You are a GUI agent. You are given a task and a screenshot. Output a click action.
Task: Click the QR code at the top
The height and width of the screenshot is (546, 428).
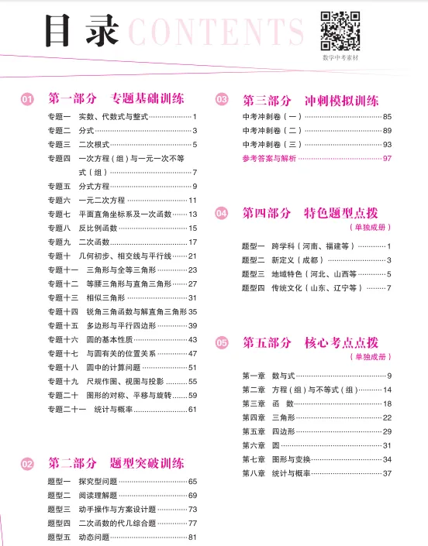(x=340, y=30)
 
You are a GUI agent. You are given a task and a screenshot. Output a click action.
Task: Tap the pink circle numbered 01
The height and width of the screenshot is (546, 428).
(x=27, y=99)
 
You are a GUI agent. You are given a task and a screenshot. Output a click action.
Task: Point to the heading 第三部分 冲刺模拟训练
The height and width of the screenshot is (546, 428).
(x=310, y=100)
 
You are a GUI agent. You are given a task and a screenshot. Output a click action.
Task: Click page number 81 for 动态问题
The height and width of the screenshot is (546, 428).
(x=193, y=537)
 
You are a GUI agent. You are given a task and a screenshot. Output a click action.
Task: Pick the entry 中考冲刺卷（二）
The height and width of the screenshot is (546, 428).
(x=272, y=130)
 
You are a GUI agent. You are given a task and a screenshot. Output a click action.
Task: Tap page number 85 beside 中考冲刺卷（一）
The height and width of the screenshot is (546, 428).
(x=387, y=116)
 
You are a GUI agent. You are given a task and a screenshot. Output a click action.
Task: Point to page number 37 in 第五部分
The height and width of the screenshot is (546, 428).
(x=387, y=473)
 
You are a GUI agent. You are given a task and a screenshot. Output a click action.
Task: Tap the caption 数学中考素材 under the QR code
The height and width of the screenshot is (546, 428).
(x=340, y=58)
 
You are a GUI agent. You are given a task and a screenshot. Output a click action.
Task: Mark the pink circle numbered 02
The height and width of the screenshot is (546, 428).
(x=27, y=464)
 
